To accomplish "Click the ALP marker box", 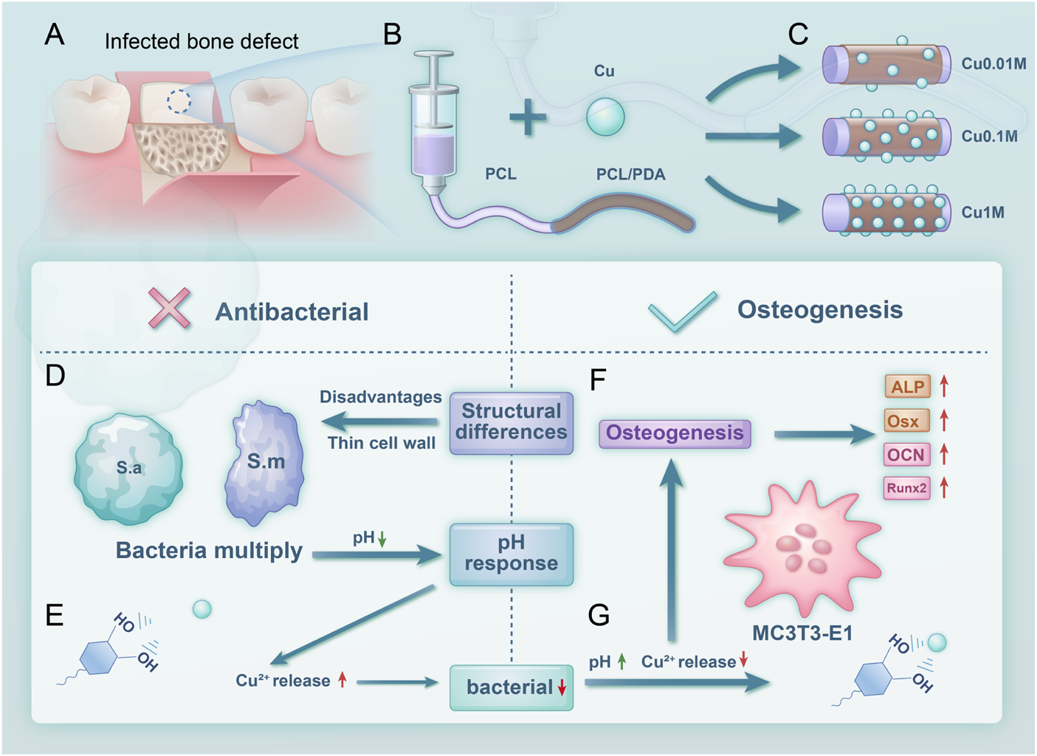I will [906, 387].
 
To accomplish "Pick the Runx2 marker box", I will [906, 488].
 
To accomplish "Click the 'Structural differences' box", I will [511, 422].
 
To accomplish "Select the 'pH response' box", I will [511, 554].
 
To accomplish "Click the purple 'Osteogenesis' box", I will [675, 433].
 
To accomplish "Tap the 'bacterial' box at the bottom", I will [511, 687].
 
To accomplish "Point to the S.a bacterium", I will [129, 469].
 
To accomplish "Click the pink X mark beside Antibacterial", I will [170, 308].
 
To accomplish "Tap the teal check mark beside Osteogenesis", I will [682, 312].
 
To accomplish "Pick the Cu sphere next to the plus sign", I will [605, 117].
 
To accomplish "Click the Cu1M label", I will [982, 213].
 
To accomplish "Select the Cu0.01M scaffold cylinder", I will [886, 65].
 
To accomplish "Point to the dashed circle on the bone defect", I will [179, 101].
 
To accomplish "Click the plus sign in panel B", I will [528, 119].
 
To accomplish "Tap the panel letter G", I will [599, 614].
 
